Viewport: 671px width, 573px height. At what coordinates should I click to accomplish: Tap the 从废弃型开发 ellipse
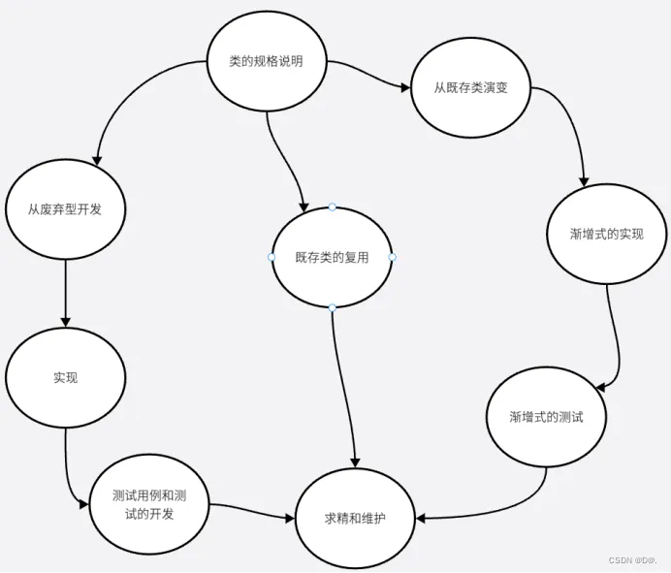tap(66, 208)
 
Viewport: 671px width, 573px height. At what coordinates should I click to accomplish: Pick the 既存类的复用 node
tap(333, 257)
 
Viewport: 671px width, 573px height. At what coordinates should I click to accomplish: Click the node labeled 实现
tap(66, 377)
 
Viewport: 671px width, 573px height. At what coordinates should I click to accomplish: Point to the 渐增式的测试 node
tap(546, 417)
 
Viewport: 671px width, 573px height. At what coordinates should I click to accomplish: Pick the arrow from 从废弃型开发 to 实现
tap(66, 291)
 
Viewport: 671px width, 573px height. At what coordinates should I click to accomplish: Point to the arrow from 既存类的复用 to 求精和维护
tap(344, 388)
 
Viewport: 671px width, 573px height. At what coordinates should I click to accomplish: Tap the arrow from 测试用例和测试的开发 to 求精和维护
tap(252, 511)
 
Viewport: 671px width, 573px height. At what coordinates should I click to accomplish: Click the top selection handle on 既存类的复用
tap(332, 207)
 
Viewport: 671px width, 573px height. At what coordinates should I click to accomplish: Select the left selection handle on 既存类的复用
tap(272, 257)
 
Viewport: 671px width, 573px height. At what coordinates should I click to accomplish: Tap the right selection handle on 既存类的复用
tap(393, 257)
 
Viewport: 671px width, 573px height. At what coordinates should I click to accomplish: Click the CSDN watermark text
tap(634, 560)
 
